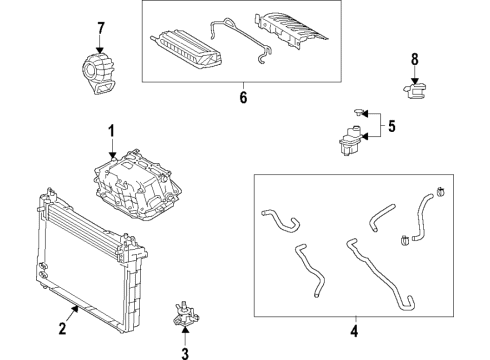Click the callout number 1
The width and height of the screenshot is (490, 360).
pyautogui.click(x=112, y=130)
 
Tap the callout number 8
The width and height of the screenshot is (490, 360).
pyautogui.click(x=415, y=59)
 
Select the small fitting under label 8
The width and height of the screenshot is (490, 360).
pyautogui.click(x=414, y=92)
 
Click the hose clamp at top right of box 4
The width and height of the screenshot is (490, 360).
pyautogui.click(x=439, y=194)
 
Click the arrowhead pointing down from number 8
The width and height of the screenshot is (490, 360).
pyautogui.click(x=415, y=80)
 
